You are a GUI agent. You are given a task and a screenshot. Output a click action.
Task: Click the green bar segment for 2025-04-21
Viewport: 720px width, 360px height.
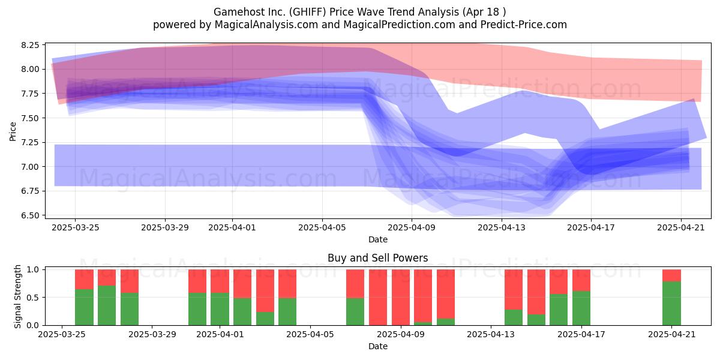click(x=671, y=303)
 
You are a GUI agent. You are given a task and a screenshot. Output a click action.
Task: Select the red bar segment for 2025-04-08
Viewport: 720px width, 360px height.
click(x=378, y=298)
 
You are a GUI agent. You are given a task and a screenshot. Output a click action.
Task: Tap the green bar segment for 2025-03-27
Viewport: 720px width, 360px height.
click(x=107, y=305)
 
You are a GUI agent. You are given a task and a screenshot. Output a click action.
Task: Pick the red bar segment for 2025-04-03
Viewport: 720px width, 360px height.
click(x=265, y=290)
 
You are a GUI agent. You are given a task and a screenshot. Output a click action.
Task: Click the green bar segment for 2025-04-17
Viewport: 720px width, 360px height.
click(x=581, y=308)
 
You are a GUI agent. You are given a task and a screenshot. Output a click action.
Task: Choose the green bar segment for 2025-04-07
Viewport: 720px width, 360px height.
click(x=355, y=311)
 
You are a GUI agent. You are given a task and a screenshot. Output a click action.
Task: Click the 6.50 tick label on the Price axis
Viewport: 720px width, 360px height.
click(x=30, y=215)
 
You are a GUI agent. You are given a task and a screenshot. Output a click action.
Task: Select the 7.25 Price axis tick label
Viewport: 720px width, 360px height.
click(x=30, y=142)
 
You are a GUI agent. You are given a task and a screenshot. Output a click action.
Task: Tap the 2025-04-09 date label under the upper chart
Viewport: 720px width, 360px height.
click(x=412, y=227)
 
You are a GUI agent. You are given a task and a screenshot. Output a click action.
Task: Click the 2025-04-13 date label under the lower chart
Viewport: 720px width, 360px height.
click(x=491, y=334)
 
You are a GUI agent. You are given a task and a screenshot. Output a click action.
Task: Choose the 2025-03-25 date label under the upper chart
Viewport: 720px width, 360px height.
click(x=76, y=227)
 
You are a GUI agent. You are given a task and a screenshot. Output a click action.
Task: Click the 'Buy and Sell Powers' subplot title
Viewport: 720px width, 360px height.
click(x=377, y=258)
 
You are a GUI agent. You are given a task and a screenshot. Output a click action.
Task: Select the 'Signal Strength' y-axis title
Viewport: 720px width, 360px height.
click(x=17, y=296)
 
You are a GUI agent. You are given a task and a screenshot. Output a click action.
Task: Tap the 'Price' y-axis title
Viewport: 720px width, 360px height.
click(x=13, y=131)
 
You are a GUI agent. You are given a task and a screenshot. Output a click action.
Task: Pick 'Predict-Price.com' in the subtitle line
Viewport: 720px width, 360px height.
click(x=524, y=25)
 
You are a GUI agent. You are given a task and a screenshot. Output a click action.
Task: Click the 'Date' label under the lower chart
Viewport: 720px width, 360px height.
click(x=378, y=346)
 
